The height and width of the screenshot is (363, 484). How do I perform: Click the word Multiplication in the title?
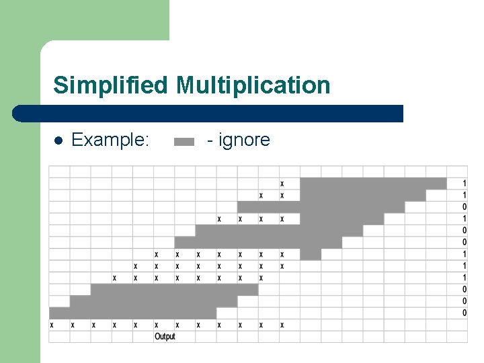(253, 85)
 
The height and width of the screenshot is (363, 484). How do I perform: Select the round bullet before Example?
(58, 140)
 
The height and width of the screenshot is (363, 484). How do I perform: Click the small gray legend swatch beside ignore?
(184, 141)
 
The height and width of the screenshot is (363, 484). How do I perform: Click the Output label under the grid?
(165, 336)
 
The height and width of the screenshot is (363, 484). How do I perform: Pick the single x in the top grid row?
(282, 184)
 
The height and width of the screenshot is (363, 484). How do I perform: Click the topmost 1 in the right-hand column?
(465, 184)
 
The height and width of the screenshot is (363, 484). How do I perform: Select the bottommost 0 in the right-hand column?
(465, 313)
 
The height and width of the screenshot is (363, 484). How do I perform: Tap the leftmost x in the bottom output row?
(52, 325)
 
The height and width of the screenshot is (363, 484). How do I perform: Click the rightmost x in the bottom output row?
(282, 325)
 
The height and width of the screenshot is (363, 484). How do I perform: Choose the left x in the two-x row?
(261, 196)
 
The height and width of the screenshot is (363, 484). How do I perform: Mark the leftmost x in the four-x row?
(219, 219)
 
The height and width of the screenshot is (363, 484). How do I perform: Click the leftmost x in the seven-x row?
(157, 255)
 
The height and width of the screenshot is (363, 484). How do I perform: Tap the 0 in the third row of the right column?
(465, 207)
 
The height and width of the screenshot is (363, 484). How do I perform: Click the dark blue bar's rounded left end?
(20, 114)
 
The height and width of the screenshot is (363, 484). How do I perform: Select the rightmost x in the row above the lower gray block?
(261, 278)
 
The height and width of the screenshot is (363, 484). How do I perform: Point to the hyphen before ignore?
(211, 140)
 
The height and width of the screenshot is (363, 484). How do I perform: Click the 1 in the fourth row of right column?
(465, 219)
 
